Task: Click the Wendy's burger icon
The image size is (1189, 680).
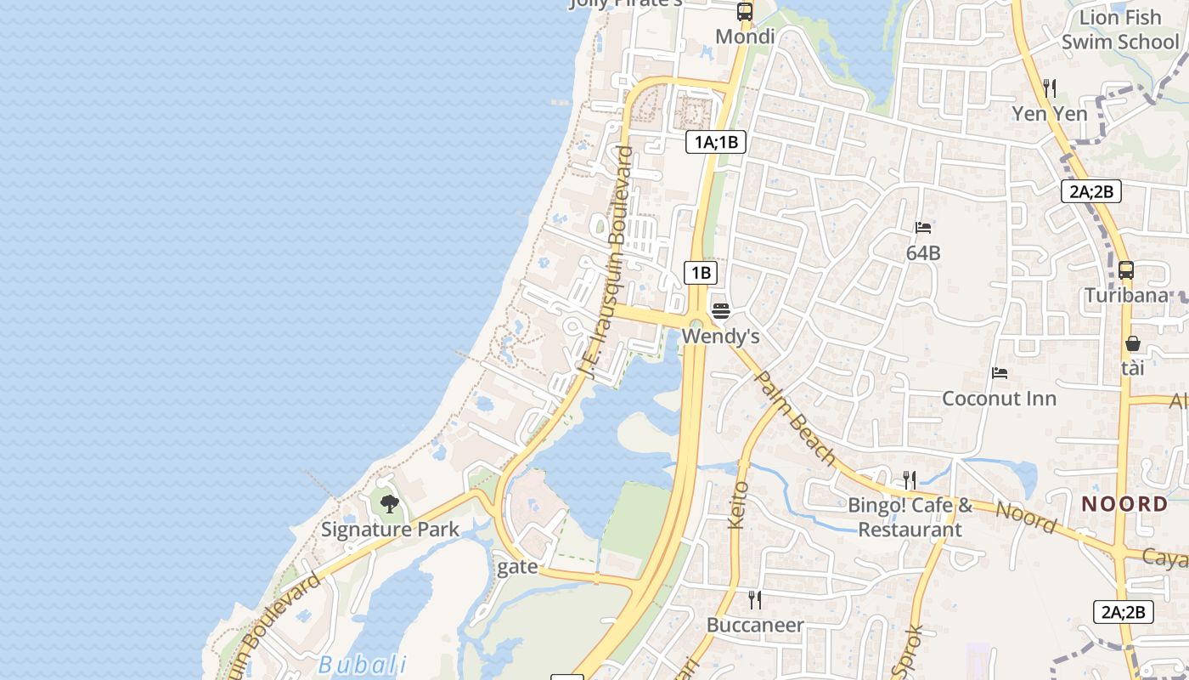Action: (721, 311)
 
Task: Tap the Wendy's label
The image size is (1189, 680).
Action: (720, 337)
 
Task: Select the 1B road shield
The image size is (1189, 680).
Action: (701, 273)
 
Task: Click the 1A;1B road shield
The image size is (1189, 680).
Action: (715, 142)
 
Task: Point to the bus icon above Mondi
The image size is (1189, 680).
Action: (745, 12)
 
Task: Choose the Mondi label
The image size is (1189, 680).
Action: (745, 37)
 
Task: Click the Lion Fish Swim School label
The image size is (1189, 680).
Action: (1120, 30)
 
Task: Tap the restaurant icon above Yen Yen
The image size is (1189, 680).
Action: (1050, 88)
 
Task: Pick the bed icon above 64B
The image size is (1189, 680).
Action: (923, 228)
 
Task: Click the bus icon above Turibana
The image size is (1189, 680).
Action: (1126, 270)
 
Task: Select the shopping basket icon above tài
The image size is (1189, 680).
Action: (1133, 343)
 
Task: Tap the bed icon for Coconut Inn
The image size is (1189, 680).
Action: (1000, 373)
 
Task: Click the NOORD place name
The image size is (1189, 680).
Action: (1124, 504)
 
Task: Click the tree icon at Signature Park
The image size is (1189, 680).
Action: (389, 504)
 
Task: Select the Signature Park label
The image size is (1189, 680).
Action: (390, 530)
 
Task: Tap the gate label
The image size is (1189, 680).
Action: (517, 567)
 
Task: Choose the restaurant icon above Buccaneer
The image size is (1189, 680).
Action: (755, 600)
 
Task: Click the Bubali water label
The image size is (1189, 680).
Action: (363, 665)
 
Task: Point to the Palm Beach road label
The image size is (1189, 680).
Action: (795, 418)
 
